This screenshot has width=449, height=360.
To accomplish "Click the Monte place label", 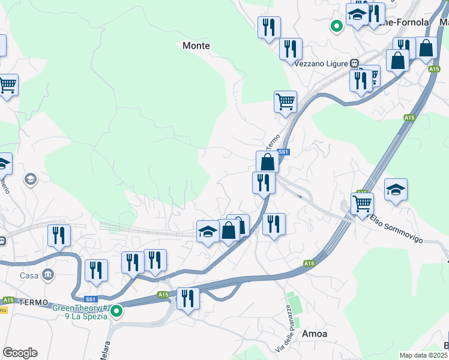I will (196, 46).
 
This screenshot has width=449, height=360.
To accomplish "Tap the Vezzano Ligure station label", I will (322, 63).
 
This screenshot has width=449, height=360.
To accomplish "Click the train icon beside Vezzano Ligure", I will (355, 63).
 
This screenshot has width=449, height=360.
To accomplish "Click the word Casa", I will (29, 275).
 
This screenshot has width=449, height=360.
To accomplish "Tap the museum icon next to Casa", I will (47, 275).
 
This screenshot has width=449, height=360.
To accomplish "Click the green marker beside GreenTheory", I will (117, 311).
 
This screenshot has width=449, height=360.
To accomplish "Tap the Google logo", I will (20, 353).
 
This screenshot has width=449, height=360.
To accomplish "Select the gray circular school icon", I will (30, 179).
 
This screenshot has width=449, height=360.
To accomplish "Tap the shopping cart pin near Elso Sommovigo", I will (362, 204).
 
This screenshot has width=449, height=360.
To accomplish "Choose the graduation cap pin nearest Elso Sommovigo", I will (396, 190).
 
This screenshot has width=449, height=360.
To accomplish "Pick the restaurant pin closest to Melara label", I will (188, 298).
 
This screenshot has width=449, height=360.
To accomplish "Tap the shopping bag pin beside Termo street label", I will (267, 161).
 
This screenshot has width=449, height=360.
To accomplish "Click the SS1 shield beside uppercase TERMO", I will (91, 299).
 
